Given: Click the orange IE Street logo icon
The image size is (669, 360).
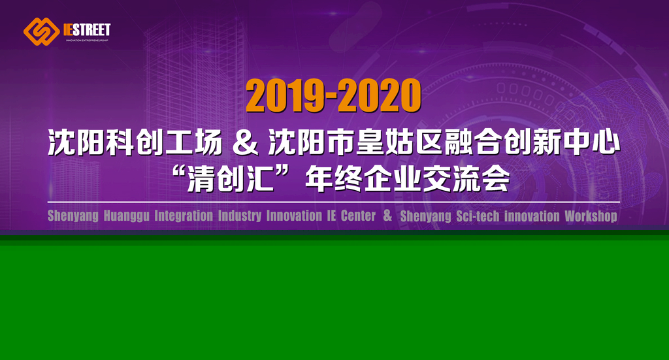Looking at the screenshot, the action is (x=41, y=31).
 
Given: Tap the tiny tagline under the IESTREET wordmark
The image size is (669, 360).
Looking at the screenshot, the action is (x=87, y=41).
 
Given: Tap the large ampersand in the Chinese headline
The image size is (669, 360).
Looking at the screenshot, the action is (x=246, y=142).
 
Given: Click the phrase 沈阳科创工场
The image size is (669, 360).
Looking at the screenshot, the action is (x=135, y=142).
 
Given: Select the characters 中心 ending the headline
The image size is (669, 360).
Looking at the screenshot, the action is (x=591, y=142).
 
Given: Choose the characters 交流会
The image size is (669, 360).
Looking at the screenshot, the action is (x=466, y=178).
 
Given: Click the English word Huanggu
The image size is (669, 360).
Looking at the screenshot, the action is (x=126, y=216).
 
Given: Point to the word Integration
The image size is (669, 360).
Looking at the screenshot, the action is (x=184, y=216).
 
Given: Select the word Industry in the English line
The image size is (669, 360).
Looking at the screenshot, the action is (x=239, y=216).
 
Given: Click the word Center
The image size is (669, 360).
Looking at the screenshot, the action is (x=358, y=216).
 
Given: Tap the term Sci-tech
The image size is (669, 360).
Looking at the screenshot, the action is (x=478, y=216).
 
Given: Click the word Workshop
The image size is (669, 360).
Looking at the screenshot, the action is (x=591, y=216).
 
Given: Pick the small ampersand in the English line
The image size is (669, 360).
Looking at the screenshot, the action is (x=387, y=215).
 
